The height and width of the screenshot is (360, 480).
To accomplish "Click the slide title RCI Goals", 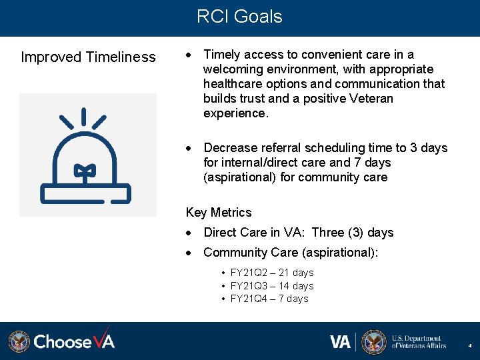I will coord(239,17).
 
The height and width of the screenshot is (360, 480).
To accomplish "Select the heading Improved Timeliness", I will coord(88,57).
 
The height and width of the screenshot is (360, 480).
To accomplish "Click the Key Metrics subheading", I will coord(219,213).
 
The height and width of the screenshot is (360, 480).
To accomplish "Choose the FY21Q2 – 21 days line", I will coord(271,273).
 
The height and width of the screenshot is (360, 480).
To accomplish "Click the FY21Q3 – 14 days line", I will coord(271,286).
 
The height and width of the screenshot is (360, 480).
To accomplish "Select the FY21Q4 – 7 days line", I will coord(269,299).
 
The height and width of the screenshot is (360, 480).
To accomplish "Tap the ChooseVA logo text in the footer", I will coord(74,341).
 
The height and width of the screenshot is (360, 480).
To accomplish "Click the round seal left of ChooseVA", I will coord(19,341).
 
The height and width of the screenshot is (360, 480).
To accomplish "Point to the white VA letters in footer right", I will coord(340,342).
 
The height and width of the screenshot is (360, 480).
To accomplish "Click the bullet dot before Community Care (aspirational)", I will coord(190,253).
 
